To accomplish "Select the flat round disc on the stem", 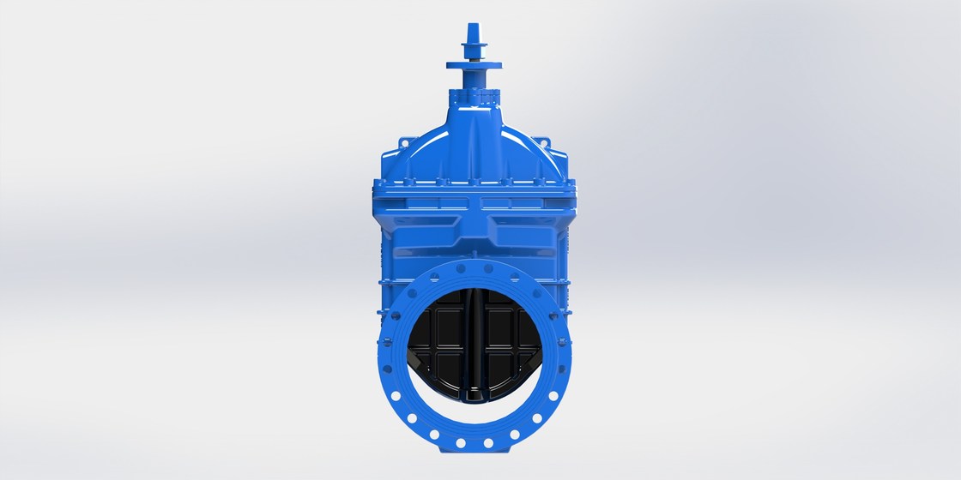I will [474, 63].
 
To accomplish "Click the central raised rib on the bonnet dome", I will [474, 146].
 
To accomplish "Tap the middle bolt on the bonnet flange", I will [474, 182].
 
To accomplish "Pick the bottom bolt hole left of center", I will [460, 443].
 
